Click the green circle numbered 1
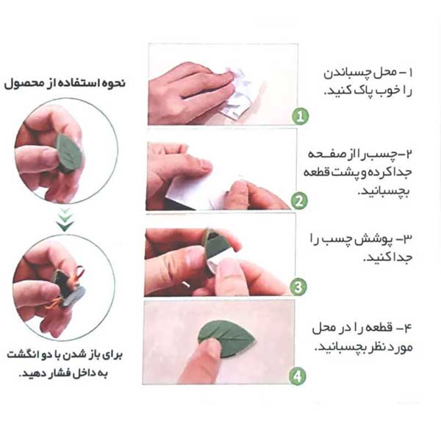[300, 116]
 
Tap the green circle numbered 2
[299, 201]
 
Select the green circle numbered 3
[298, 287]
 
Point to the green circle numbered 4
[297, 376]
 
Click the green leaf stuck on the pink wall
[226, 340]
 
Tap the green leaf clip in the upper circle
[69, 152]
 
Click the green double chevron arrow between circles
[65, 220]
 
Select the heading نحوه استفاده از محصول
[65, 84]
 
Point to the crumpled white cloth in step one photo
[239, 91]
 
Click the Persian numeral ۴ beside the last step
[407, 327]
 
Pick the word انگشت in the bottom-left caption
[23, 355]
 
